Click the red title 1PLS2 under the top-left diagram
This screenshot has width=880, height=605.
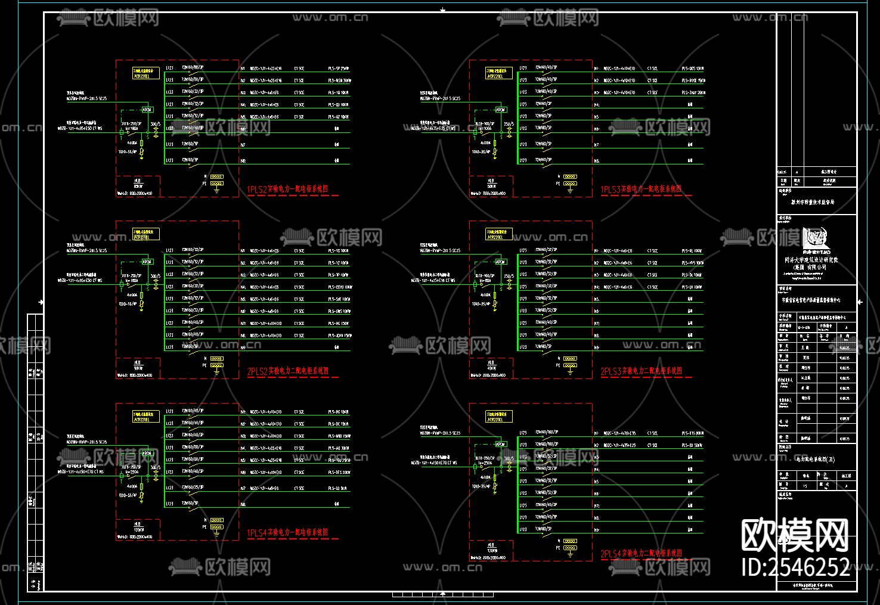click(x=287, y=190)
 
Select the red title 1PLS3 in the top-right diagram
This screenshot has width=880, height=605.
click(x=641, y=190)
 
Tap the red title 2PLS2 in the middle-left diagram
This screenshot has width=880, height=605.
click(x=288, y=371)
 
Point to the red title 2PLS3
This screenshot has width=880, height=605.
click(x=641, y=371)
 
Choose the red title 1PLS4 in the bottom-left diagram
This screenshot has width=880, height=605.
click(x=287, y=533)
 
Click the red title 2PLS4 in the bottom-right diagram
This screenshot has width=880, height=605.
click(x=641, y=554)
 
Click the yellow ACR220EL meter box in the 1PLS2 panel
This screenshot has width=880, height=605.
click(x=145, y=73)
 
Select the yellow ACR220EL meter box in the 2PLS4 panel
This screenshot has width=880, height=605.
click(x=499, y=417)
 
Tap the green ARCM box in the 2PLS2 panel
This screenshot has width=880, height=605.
click(x=147, y=262)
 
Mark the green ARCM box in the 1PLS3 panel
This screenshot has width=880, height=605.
click(x=501, y=110)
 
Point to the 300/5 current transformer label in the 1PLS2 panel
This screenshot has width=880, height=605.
click(x=156, y=125)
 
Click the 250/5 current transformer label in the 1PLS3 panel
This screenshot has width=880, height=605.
click(x=509, y=125)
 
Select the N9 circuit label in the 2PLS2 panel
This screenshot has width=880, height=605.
click(x=243, y=347)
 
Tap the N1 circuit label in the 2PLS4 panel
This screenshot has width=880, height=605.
click(x=596, y=433)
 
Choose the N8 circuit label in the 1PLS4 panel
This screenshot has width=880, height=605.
click(x=243, y=504)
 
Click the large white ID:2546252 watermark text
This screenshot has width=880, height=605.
click(x=795, y=567)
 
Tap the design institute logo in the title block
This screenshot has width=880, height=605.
click(x=816, y=238)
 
